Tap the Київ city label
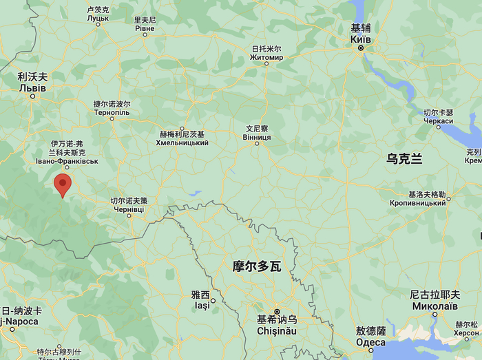361,39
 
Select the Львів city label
33,88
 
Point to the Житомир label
266,58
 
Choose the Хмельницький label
182,142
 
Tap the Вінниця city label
258,137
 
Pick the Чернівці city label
129,209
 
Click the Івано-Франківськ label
67,161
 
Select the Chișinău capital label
277,331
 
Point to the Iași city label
202,306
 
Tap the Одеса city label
370,343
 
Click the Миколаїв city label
434,306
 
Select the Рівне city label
145,30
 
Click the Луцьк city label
98,19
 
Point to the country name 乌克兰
404,159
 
